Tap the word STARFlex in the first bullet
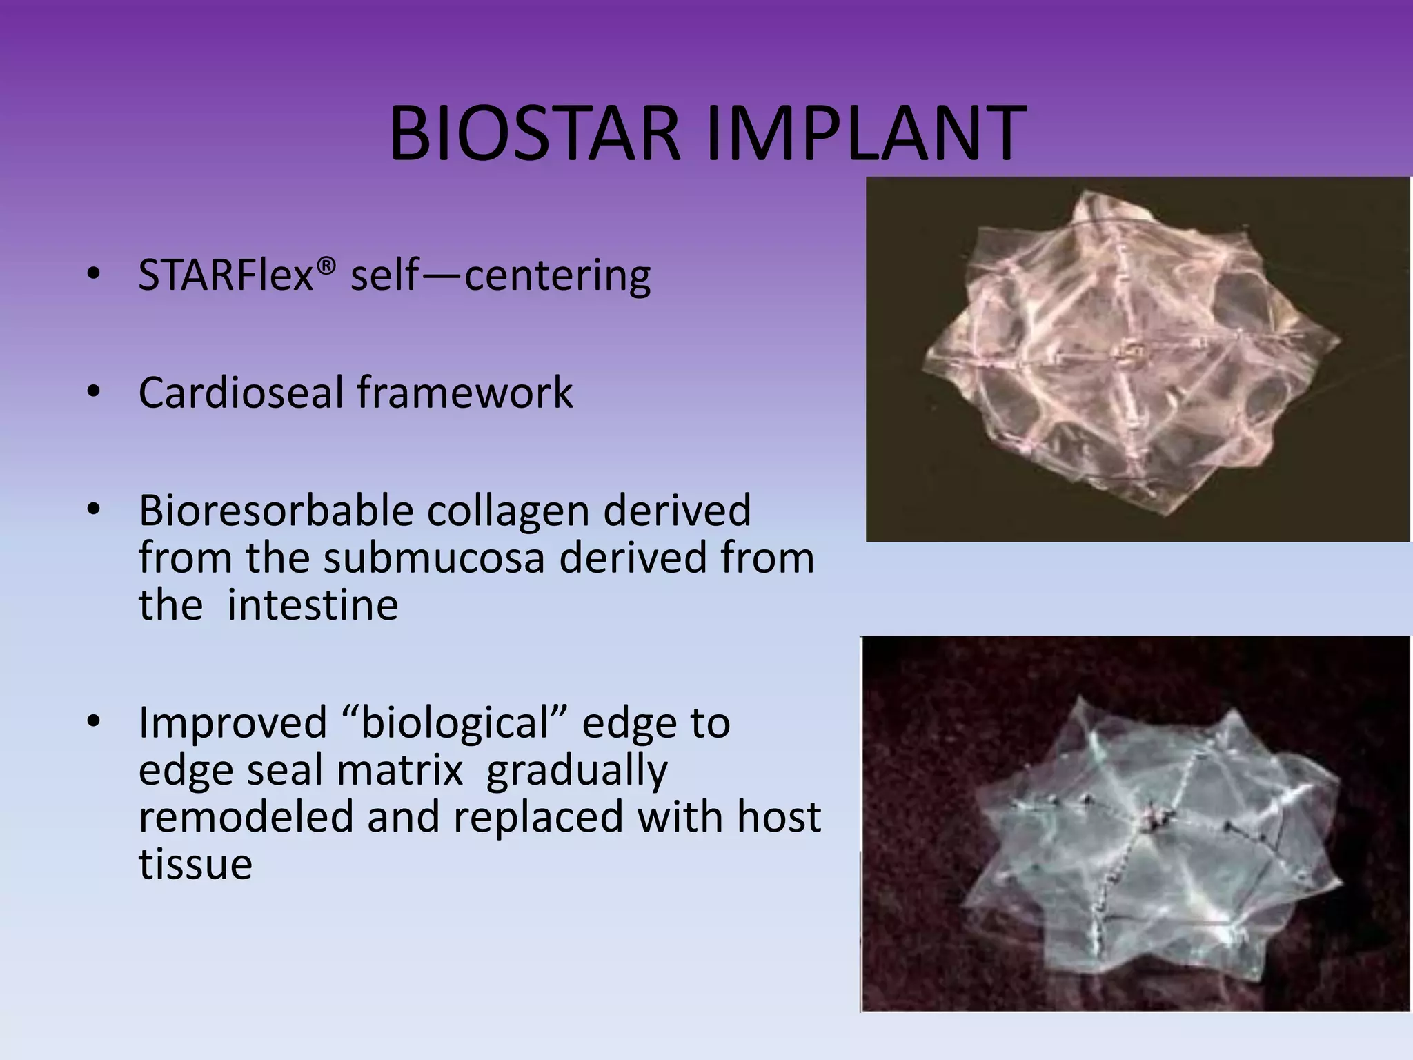point(226,275)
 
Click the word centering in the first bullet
point(557,276)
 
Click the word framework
point(464,393)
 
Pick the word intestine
point(313,605)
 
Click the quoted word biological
point(458,724)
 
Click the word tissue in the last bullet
point(195,864)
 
